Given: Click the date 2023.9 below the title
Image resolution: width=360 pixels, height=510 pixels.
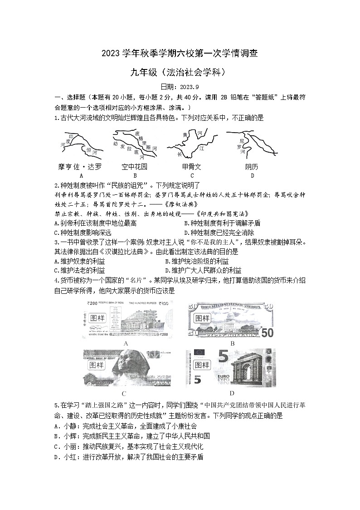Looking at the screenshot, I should coord(180,87).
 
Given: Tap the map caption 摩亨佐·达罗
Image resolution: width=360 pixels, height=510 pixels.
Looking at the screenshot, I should coord(80,167).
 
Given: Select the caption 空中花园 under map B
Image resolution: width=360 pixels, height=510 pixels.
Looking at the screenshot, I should coord(135,167).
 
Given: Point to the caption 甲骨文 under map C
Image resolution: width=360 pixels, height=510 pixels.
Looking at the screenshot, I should coord(191,167).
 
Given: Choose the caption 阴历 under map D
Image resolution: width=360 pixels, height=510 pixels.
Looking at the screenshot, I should coord(252,167).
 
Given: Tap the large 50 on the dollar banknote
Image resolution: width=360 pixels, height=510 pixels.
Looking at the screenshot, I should coord(267,332).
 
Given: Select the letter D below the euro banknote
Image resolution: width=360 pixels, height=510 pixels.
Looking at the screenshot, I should coord(232,393).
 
